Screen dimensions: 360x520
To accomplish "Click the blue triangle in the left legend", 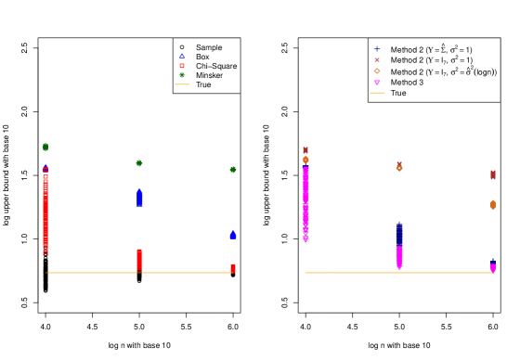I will (182, 56).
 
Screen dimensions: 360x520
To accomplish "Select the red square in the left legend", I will (182, 65).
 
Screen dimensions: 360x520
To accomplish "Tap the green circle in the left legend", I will (182, 74).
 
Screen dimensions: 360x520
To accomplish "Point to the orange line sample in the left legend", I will (182, 84).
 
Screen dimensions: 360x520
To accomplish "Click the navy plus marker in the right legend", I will (377, 48).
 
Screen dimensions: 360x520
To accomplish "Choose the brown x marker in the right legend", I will (377, 59).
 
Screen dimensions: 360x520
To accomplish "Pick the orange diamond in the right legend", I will (377, 71).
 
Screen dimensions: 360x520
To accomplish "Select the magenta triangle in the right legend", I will (377, 82).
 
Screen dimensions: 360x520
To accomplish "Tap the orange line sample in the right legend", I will (376, 93).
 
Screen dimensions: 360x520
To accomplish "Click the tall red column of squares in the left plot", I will (45, 213).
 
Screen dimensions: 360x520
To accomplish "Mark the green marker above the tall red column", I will (45, 147).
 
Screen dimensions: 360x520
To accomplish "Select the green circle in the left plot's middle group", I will (139, 163).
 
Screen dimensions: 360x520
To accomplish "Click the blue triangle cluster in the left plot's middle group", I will (139, 198).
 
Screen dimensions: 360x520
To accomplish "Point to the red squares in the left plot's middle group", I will (139, 260).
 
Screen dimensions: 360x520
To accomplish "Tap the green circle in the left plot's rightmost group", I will (233, 170).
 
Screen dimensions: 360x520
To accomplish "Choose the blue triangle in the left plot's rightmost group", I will (233, 235).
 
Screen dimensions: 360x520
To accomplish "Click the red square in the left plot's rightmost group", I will (233, 268).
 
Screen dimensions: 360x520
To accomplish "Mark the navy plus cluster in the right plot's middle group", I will (399, 233).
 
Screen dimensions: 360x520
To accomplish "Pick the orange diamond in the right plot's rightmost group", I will (493, 204).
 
